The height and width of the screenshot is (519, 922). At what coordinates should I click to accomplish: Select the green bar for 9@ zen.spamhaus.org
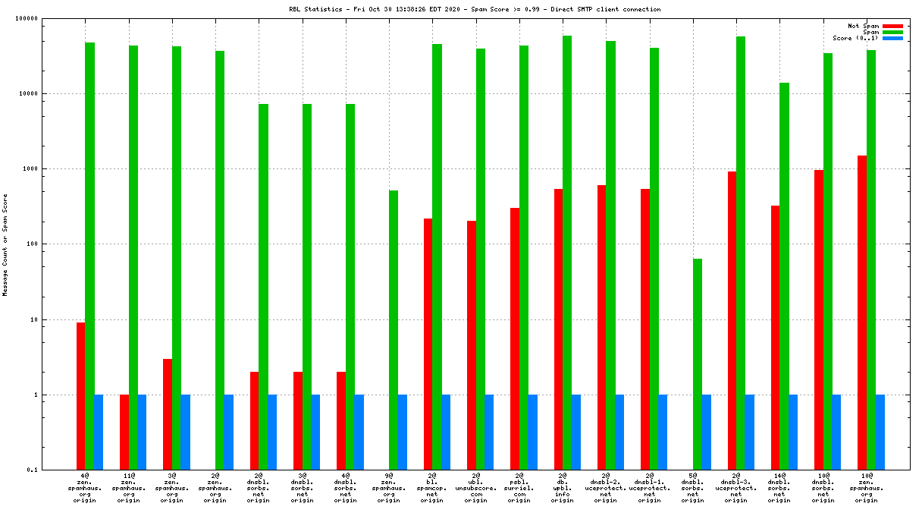(394, 330)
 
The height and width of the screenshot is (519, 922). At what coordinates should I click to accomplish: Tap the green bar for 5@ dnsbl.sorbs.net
(698, 364)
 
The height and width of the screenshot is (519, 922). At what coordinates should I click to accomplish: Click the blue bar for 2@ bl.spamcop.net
(446, 432)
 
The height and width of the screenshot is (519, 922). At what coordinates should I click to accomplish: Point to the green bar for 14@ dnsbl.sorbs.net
(784, 276)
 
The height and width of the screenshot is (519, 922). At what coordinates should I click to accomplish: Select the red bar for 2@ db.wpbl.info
(558, 329)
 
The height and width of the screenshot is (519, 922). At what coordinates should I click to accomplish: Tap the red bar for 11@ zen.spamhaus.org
(124, 432)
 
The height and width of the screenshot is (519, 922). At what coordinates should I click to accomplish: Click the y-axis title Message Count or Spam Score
(5, 244)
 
